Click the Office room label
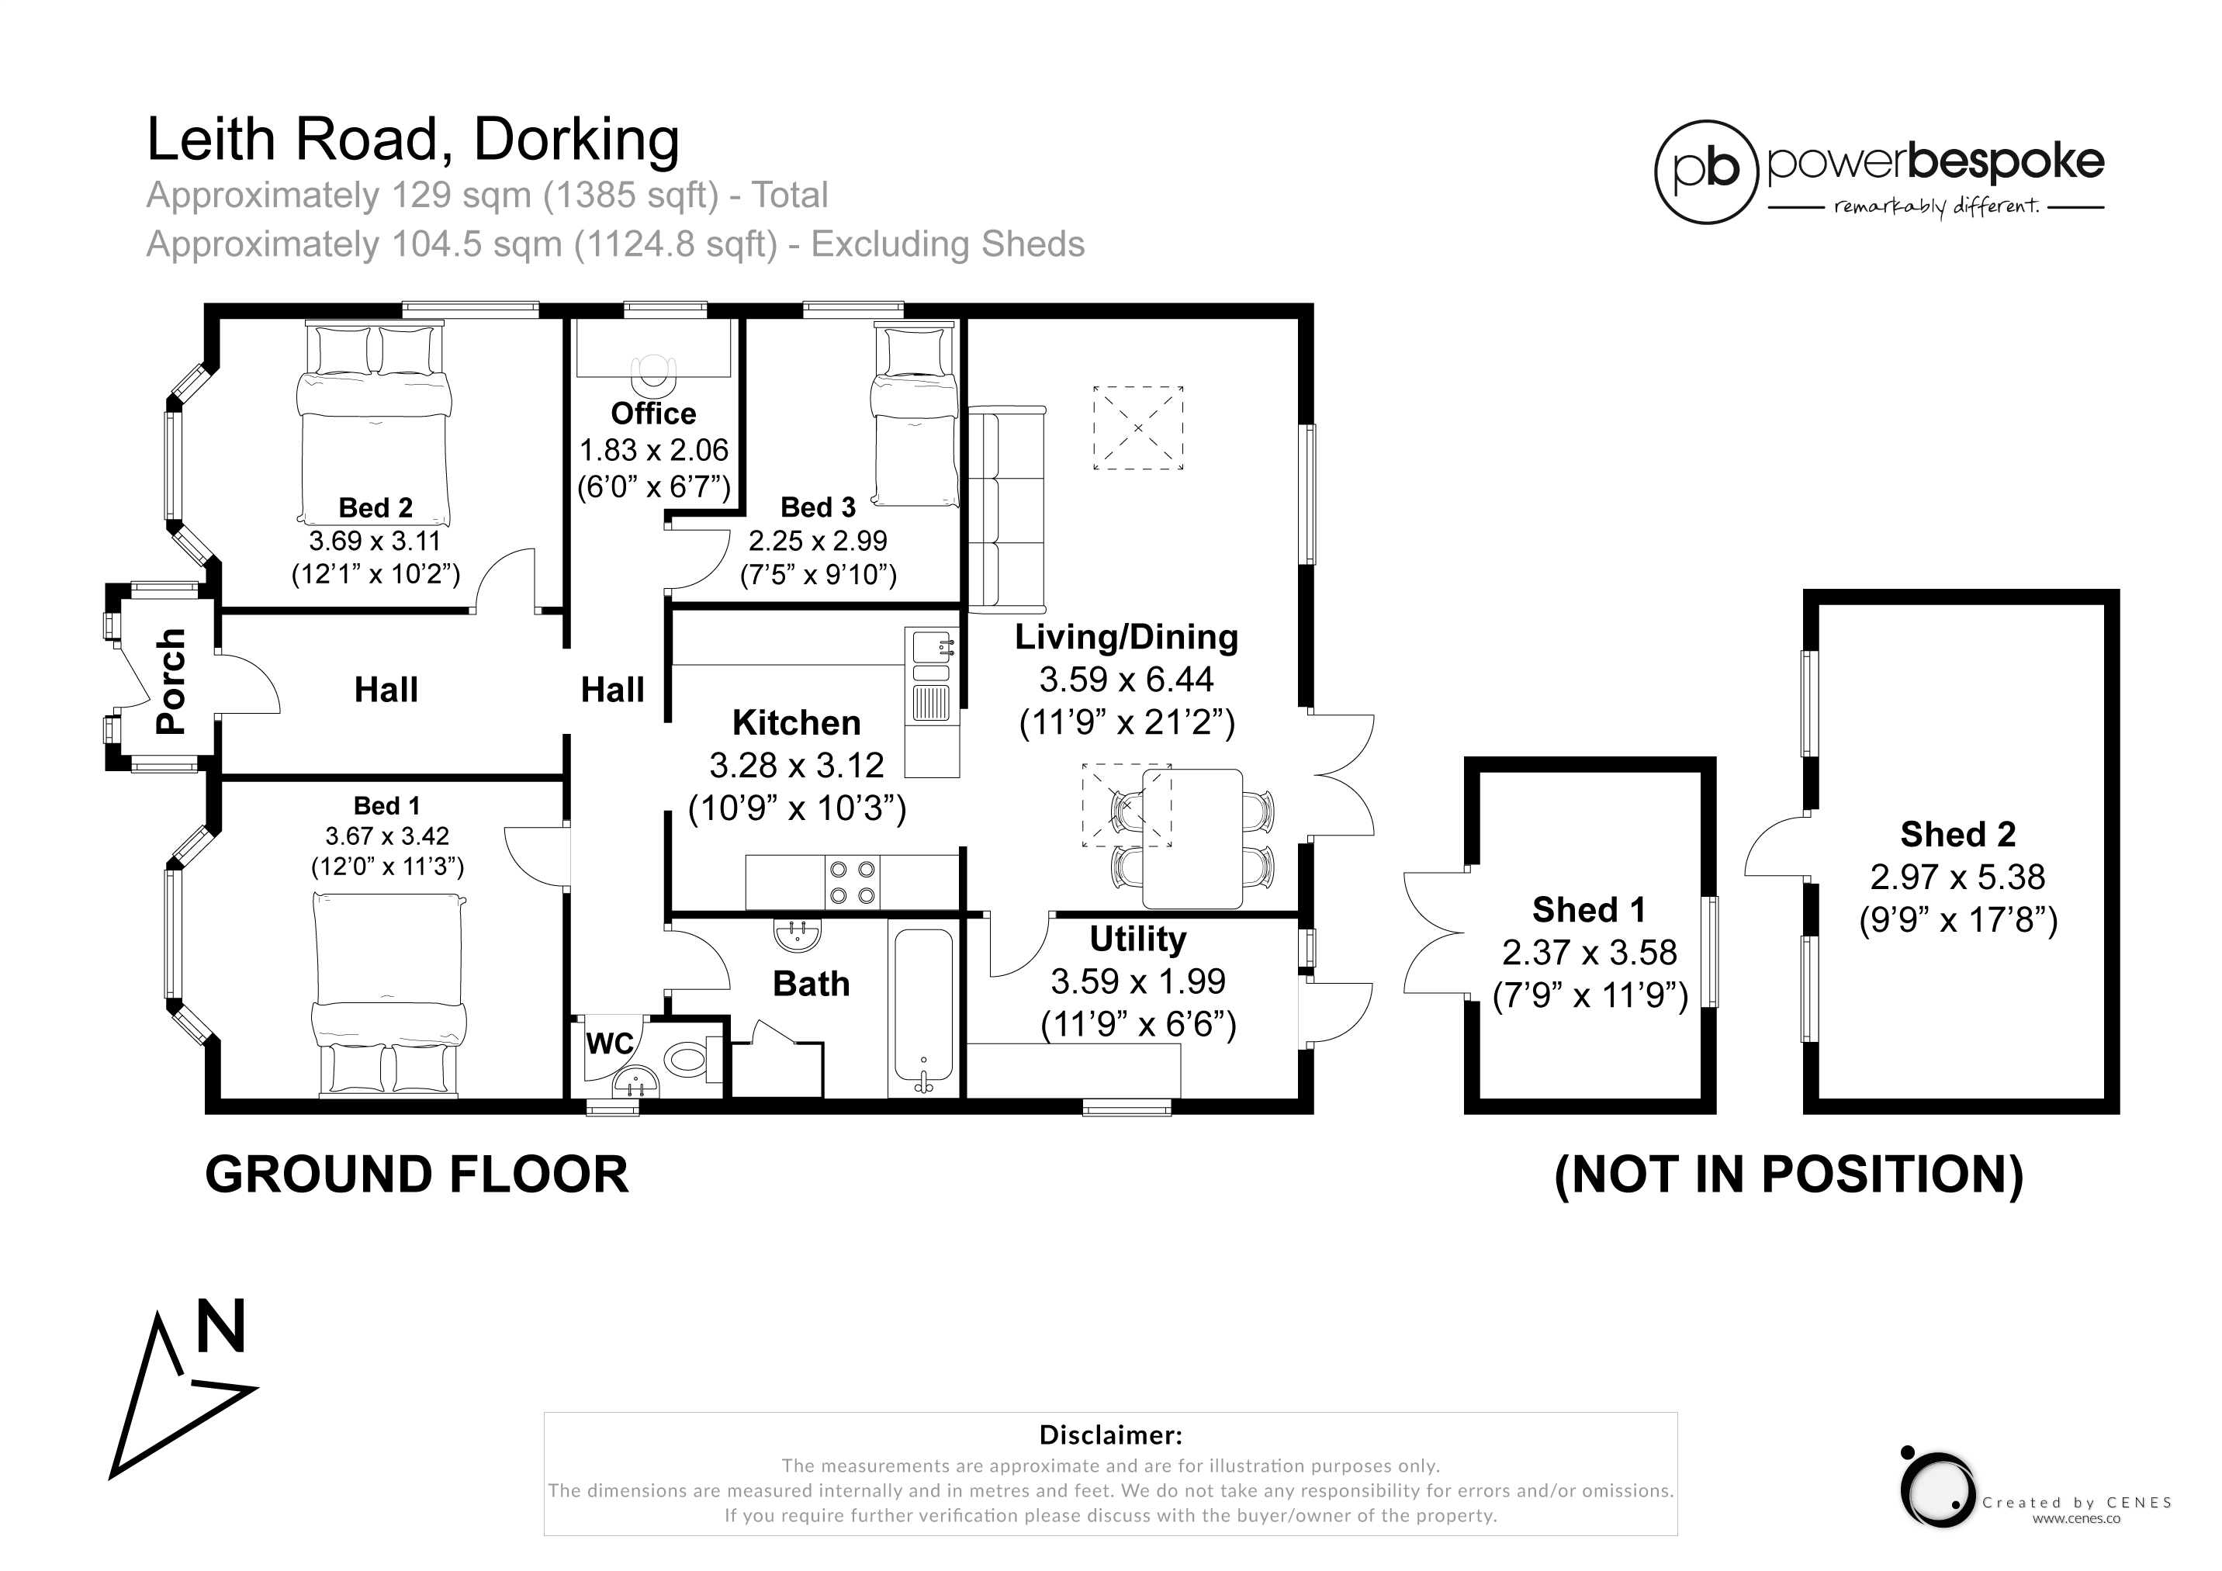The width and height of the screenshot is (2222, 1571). click(x=653, y=414)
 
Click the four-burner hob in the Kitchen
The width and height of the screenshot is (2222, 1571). click(x=853, y=883)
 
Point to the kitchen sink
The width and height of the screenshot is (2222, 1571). click(x=931, y=675)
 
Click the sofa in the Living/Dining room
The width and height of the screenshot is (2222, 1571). click(x=1006, y=509)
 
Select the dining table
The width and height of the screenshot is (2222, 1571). click(x=1192, y=838)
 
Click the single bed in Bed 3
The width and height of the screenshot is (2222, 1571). click(x=915, y=414)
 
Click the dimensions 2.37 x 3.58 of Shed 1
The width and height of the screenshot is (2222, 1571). click(x=1589, y=953)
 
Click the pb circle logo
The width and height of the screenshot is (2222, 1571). click(x=1706, y=172)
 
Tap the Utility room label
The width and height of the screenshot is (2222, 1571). click(x=1137, y=939)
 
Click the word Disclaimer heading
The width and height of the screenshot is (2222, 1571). click(x=1110, y=1434)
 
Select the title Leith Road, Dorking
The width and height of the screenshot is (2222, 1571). click(x=414, y=140)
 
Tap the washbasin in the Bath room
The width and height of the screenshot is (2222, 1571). click(x=798, y=933)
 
